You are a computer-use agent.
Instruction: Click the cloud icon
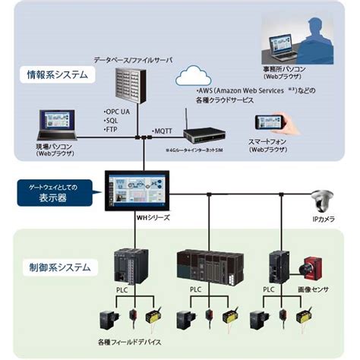(194, 77)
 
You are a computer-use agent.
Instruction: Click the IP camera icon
(321, 202)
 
